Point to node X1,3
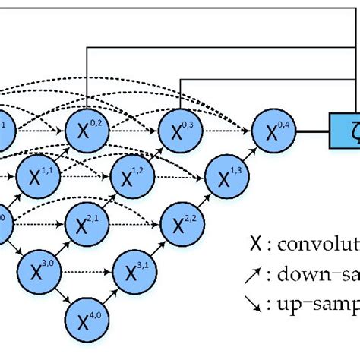tap(224, 176)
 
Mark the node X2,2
tap(179, 224)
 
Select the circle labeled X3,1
tap(134, 269)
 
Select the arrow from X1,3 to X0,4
tap(247, 151)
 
